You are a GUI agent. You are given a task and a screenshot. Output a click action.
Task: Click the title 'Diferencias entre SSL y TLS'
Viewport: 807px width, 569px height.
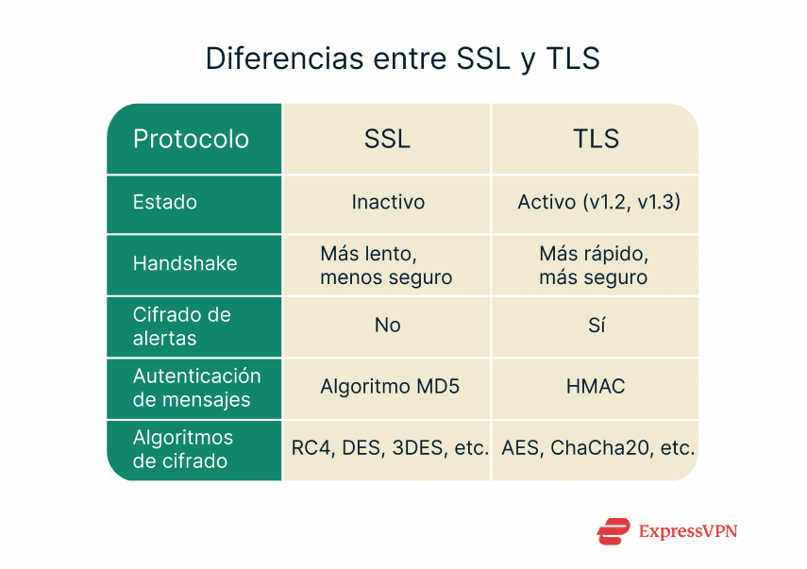[403, 59]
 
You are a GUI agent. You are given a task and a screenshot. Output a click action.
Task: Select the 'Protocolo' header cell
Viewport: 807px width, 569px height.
[191, 140]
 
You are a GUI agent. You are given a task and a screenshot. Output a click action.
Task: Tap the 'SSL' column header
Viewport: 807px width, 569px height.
[387, 140]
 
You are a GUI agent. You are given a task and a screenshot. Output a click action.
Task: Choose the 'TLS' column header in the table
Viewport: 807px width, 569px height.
[596, 140]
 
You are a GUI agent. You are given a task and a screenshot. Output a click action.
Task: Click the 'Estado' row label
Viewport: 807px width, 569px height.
[165, 203]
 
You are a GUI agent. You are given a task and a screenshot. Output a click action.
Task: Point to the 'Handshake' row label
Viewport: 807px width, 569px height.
[185, 263]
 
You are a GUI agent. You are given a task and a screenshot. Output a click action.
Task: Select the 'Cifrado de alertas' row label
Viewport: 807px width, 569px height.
[182, 326]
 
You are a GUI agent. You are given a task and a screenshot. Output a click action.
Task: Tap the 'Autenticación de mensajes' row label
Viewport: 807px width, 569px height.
[196, 387]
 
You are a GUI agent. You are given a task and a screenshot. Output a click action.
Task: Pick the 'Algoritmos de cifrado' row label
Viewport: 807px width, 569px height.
[183, 449]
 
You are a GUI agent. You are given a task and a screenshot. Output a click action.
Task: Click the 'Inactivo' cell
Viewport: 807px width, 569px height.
[388, 203]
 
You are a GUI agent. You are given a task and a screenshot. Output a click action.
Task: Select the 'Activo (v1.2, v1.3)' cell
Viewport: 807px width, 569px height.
[599, 203]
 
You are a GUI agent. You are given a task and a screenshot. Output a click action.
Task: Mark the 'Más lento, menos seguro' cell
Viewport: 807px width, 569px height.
[386, 265]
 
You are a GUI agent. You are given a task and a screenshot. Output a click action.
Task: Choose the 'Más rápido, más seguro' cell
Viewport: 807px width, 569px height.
[594, 265]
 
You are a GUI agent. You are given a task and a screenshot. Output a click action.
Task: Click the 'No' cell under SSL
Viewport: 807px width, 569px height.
[387, 326]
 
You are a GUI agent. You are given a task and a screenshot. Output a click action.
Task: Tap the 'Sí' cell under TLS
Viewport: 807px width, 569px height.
[596, 326]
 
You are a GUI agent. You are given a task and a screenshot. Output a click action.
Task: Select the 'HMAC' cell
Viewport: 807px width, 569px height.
[596, 387]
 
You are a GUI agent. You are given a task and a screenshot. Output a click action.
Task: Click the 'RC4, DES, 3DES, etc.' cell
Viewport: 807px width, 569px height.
[389, 448]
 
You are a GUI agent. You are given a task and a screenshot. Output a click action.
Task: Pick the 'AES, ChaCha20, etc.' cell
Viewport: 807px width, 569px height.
[598, 448]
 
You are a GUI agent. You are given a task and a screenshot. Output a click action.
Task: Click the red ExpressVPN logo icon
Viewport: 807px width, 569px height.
[613, 531]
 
